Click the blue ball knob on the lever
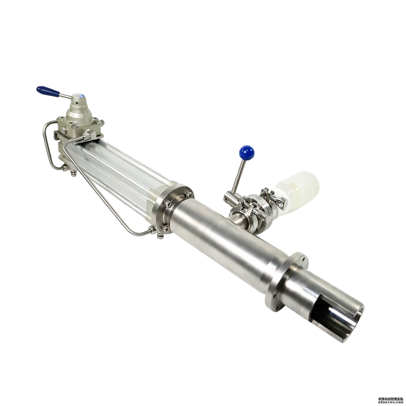tap(247, 153)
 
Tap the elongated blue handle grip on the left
tap(48, 91)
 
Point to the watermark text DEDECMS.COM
tap(391, 402)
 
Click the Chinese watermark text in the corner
tap(391, 399)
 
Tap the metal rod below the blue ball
tap(239, 176)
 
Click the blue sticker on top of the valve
tap(81, 96)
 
